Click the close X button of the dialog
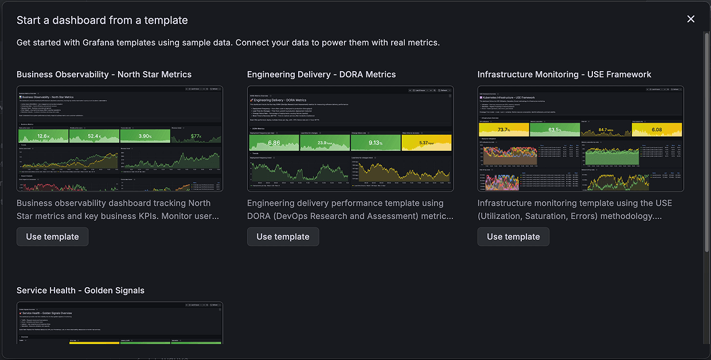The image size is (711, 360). [x=690, y=19]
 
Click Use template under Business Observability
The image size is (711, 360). [x=52, y=237]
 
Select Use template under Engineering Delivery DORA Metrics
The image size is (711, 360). [x=283, y=237]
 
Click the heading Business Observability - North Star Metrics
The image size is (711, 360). [x=104, y=75]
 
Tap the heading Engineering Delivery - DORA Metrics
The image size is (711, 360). [x=321, y=75]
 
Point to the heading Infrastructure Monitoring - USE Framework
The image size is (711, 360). [x=564, y=75]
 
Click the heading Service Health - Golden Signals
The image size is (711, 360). [x=80, y=291]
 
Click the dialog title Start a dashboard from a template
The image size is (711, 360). [x=102, y=20]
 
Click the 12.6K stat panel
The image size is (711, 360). [x=43, y=136]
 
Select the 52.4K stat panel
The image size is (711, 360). [x=94, y=136]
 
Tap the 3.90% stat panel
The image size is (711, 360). [x=144, y=136]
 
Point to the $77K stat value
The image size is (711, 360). [x=196, y=136]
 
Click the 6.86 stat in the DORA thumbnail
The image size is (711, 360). [x=274, y=142]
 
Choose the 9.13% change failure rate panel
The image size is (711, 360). [x=376, y=142]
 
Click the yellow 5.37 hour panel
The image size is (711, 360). [x=427, y=142]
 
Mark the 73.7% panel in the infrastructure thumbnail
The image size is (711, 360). [x=503, y=130]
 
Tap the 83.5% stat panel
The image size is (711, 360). [x=554, y=130]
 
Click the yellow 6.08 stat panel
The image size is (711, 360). [x=657, y=130]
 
